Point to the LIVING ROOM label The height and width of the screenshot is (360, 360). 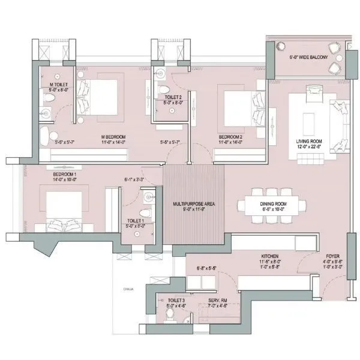point(310,142)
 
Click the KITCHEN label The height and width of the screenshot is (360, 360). point(269,256)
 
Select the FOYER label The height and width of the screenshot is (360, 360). point(332,256)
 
